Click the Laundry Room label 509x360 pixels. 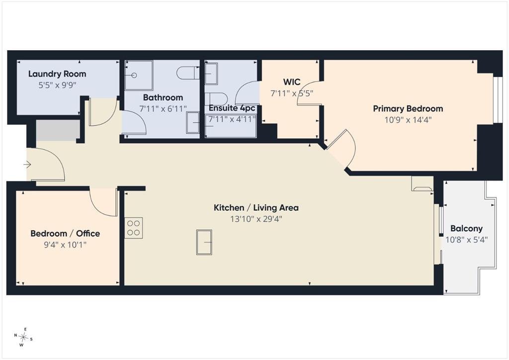point(57,74)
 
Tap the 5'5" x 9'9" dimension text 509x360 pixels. point(57,86)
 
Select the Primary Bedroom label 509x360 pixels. point(408,109)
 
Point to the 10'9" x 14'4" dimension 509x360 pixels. point(408,120)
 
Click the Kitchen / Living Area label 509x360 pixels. point(256,208)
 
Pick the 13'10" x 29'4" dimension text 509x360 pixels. point(256,219)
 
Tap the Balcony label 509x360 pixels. point(466,229)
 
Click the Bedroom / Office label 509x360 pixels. point(65,233)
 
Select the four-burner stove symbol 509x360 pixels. point(134,228)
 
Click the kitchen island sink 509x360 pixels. point(204,242)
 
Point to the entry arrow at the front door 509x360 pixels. point(27,165)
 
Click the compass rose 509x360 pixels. point(23,337)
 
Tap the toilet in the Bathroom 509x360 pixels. point(188,73)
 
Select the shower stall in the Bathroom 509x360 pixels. point(139,75)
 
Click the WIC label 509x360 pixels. point(292,82)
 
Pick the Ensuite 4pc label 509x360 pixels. point(232,108)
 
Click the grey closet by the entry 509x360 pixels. point(58,130)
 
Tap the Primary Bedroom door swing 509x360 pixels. point(341,149)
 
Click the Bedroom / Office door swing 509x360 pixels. point(103,201)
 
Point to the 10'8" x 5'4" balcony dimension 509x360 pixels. point(466,240)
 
